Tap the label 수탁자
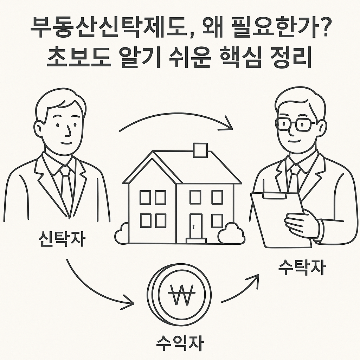pos(302,269)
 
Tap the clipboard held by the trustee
pos(278,218)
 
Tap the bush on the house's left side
pos(122,233)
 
